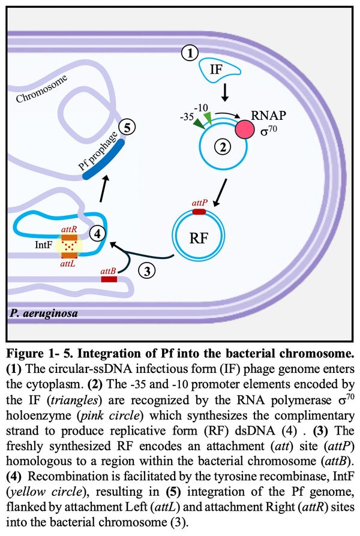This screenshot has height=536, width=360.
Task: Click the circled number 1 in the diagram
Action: [190, 53]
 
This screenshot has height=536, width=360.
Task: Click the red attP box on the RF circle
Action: [198, 212]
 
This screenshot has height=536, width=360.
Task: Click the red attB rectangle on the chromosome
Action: [109, 279]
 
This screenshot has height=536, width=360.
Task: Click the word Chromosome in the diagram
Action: [42, 89]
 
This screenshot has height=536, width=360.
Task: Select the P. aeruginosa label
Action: [43, 314]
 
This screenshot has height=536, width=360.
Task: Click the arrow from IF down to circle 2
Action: [224, 93]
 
